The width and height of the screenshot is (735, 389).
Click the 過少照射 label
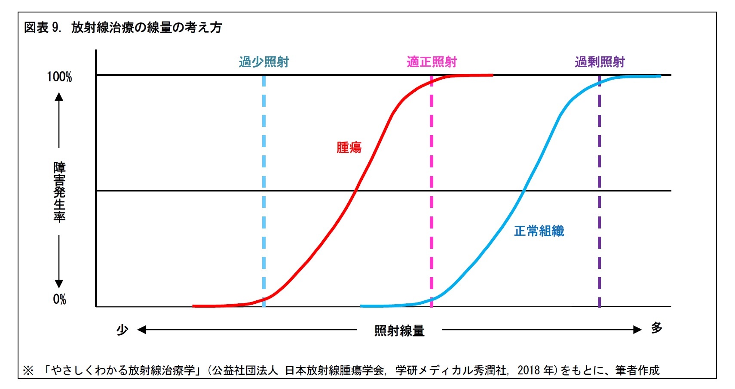[264, 62]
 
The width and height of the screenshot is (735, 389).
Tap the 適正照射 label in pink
[432, 62]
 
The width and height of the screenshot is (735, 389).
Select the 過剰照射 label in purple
[600, 62]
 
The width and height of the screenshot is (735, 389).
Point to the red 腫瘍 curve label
[349, 148]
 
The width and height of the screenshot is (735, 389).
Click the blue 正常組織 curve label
[539, 231]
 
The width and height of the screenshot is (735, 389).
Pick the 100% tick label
[59, 77]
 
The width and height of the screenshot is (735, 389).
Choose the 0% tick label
[59, 299]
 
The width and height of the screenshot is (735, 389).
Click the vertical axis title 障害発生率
[59, 191]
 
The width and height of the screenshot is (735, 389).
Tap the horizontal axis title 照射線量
[399, 330]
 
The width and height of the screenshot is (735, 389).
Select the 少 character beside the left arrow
[122, 330]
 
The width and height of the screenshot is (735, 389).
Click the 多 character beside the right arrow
[656, 328]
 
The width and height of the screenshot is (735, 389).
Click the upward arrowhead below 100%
[59, 97]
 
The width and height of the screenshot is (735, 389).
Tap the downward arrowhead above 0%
[59, 284]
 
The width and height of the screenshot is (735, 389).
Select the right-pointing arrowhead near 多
[637, 330]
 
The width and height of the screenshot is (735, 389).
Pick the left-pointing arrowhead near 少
[141, 330]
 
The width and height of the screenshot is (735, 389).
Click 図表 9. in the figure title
[43, 28]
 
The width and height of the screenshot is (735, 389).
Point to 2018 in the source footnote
[529, 370]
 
